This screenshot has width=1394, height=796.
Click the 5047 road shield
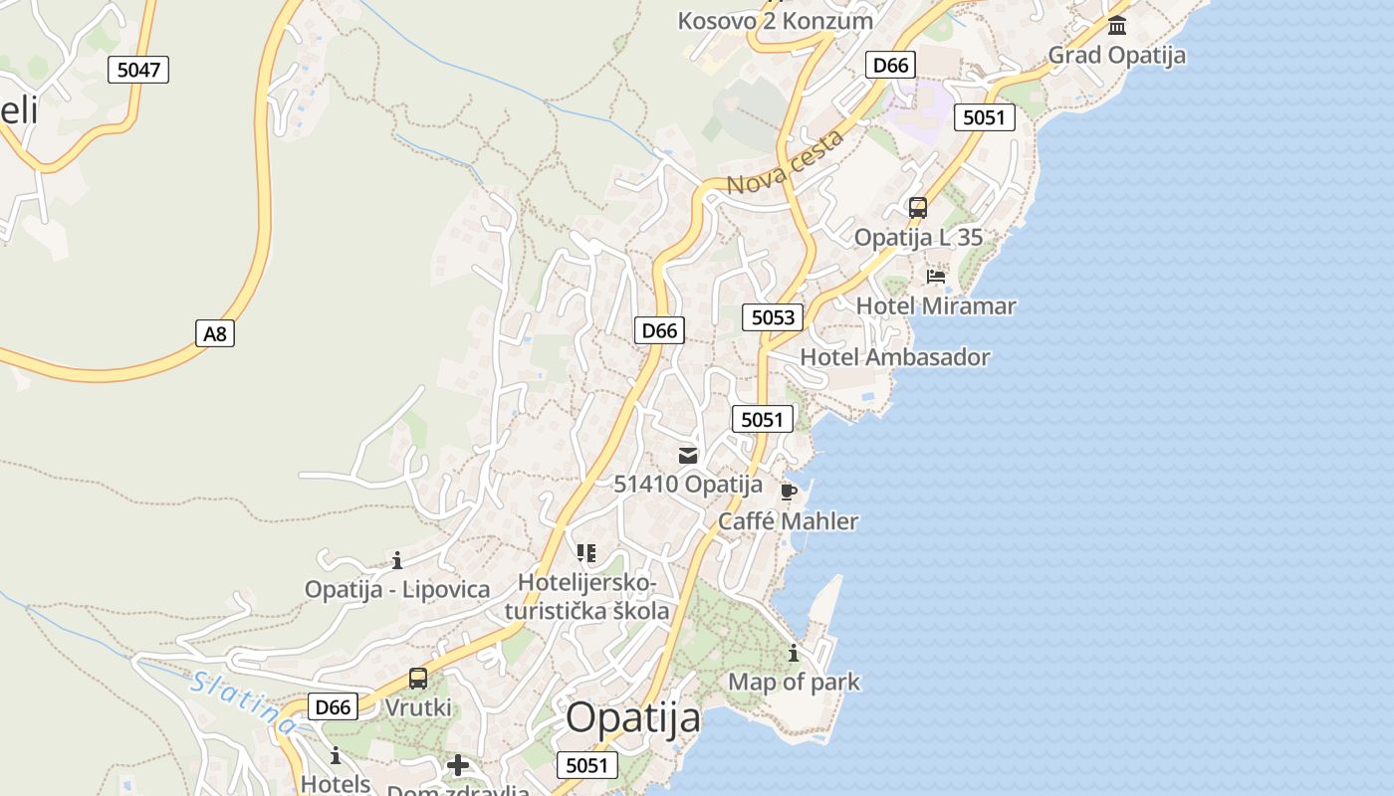coord(138,70)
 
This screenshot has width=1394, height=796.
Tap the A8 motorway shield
coord(215,333)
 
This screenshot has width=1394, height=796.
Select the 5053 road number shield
coord(773,317)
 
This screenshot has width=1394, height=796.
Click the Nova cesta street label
coord(787,162)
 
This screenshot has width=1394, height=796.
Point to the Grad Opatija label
coord(1116,55)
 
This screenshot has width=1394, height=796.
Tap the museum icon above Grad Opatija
coord(1117,25)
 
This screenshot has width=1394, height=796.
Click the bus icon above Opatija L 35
coord(918,208)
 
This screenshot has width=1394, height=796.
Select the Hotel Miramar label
coord(936,305)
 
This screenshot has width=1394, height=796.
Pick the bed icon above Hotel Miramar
coord(936,276)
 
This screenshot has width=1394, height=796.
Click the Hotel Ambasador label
coord(895,357)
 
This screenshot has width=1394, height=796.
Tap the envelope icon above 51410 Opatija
coord(688,456)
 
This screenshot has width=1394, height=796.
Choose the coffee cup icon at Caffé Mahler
coord(789,492)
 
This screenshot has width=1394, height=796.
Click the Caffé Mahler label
coord(789,521)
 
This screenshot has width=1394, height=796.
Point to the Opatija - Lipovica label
coord(397,589)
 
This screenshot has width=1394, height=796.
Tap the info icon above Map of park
coord(794,654)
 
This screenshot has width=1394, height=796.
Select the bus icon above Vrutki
coord(418,679)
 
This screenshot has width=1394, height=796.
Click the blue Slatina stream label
coord(242,702)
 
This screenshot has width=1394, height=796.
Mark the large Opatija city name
coord(633,717)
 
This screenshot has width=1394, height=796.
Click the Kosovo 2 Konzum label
coord(776,20)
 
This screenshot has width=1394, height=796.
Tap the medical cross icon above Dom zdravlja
coord(458,765)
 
